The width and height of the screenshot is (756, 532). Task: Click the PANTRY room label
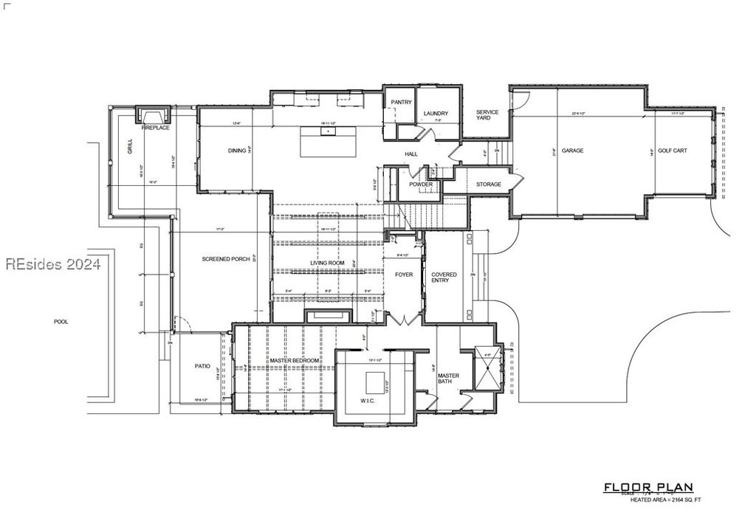tap(401, 102)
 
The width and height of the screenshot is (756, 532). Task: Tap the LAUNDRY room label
tap(436, 114)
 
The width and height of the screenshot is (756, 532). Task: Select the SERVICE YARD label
tap(487, 115)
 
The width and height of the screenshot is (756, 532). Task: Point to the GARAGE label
tap(572, 151)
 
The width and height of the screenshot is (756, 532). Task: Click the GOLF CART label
tap(673, 151)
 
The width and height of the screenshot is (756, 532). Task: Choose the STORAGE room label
tap(489, 184)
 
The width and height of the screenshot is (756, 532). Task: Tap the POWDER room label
tap(421, 184)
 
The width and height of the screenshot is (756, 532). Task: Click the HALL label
tap(411, 153)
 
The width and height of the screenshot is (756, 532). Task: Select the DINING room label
tap(237, 151)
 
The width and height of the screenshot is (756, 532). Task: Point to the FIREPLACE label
tap(156, 128)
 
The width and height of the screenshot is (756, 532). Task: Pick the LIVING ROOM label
tap(326, 263)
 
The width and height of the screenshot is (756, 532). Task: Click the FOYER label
tap(404, 274)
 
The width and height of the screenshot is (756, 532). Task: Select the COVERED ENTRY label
tap(444, 277)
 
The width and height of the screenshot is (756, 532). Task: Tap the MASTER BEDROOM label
tap(294, 360)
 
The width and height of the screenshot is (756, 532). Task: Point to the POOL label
tap(61, 322)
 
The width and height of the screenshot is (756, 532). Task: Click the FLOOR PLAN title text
tap(648, 487)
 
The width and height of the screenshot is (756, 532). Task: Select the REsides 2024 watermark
tap(52, 264)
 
